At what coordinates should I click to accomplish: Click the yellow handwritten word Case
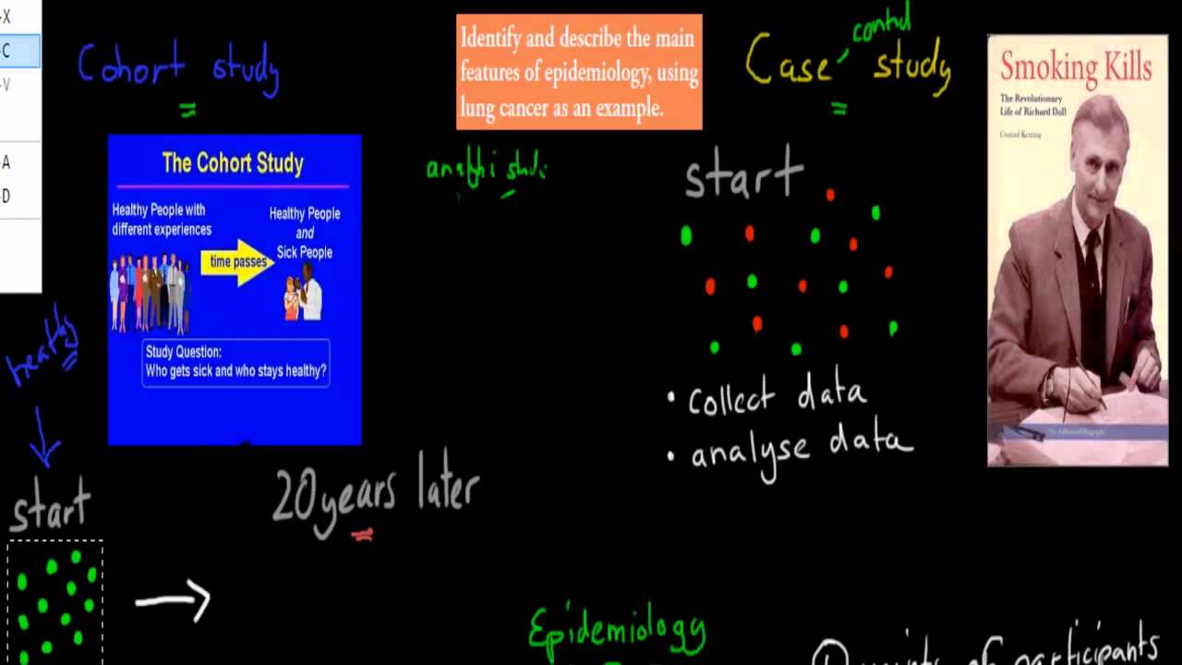pyautogui.click(x=788, y=62)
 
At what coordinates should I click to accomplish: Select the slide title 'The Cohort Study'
pyautogui.click(x=233, y=163)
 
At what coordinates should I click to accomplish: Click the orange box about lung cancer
pyautogui.click(x=579, y=72)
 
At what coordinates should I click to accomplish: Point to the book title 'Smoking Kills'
pyautogui.click(x=1076, y=67)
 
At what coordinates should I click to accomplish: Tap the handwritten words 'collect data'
pyautogui.click(x=777, y=397)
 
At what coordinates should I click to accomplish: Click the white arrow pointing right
pyautogui.click(x=174, y=601)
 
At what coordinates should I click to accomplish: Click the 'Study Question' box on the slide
pyautogui.click(x=235, y=362)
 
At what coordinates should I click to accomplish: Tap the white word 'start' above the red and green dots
pyautogui.click(x=744, y=175)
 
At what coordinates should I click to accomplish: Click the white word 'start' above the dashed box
pyautogui.click(x=51, y=506)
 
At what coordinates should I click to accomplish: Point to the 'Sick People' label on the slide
pyautogui.click(x=305, y=252)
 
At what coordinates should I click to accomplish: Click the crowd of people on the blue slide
pyautogui.click(x=150, y=293)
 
